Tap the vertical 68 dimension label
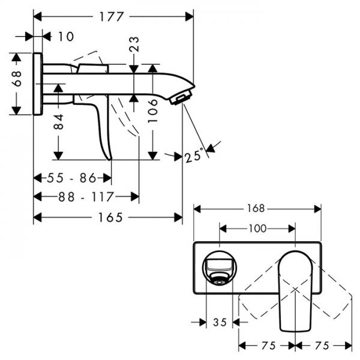pos(17,78)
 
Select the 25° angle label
pos(194,157)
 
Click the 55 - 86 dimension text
pos(72,178)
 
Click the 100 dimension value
pos(257,228)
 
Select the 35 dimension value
pos(220,322)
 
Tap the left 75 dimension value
pos(267,346)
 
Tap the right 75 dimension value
pos(323,346)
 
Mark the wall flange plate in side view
pos(38,84)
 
